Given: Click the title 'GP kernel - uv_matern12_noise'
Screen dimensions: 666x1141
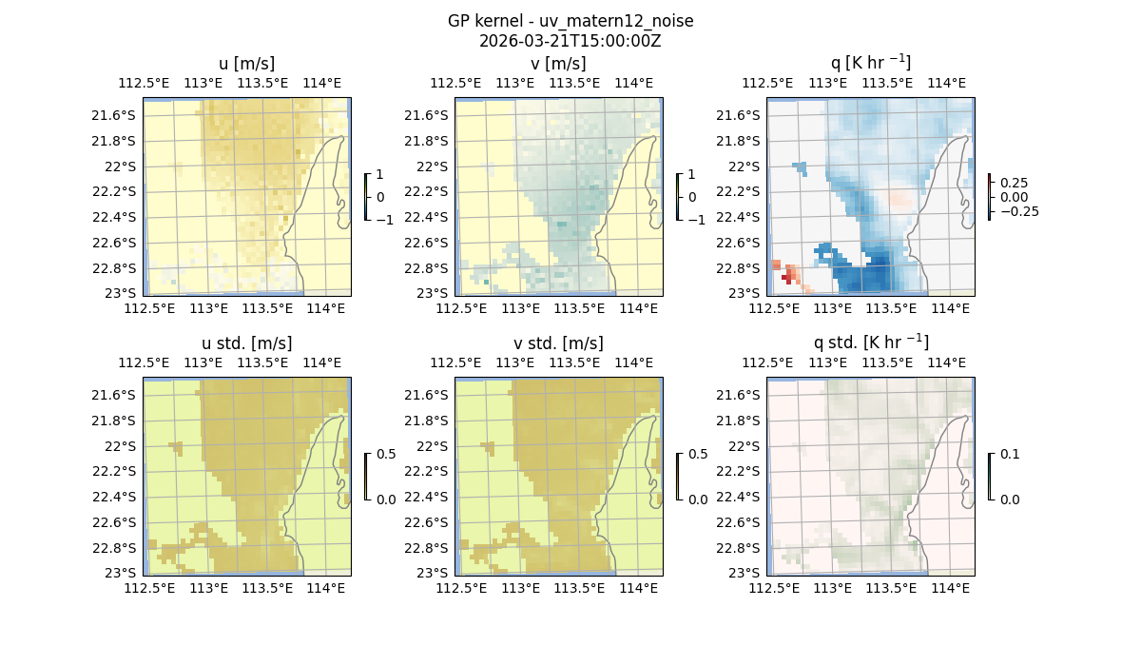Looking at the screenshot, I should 570,21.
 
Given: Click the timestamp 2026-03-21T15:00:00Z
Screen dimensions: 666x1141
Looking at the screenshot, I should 570,41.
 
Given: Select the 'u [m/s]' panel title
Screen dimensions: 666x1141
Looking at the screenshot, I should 246,64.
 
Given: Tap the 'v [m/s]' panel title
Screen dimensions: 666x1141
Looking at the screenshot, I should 558,64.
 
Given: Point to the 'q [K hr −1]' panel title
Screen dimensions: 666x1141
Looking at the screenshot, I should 870,63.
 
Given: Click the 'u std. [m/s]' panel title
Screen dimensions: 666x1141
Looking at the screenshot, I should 246,343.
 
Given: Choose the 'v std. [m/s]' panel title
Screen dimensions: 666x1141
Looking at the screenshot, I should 558,343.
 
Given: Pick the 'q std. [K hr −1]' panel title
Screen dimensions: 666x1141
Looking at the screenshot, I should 870,343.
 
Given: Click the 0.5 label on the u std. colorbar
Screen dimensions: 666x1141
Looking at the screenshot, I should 386,455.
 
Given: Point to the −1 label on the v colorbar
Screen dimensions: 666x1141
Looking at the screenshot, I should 697,219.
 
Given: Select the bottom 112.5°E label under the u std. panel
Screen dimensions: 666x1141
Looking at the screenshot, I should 150,589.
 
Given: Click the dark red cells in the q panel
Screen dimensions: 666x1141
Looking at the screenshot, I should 787,277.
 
